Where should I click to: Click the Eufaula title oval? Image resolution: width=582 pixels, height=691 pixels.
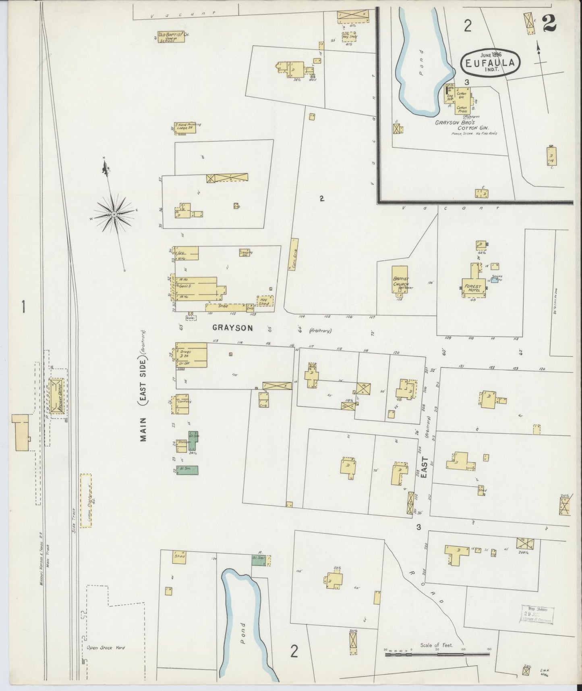coord(491,61)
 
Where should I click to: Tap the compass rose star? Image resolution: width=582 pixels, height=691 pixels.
coord(114,214)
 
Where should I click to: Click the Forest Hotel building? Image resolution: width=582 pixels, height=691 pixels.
coord(473,287)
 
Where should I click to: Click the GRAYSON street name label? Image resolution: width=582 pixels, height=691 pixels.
coord(233,328)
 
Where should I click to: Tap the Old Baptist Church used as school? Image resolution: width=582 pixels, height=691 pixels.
coord(171,37)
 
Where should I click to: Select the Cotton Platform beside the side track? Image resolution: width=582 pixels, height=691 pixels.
coord(85,500)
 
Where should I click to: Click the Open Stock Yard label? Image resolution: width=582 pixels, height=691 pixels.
coord(106,647)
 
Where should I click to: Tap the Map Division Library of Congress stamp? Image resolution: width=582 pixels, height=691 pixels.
coord(537,614)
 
